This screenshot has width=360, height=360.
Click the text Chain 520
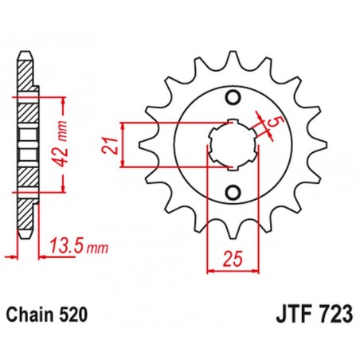click(49, 315)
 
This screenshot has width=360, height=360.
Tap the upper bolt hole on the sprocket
click(233, 99)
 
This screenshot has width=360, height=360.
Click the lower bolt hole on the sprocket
click(233, 192)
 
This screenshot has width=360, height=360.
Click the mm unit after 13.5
click(96, 247)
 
